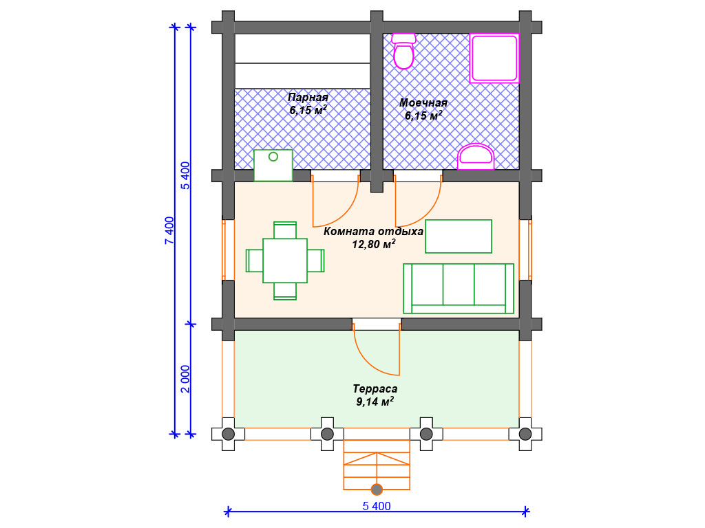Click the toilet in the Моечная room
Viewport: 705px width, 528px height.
pos(403,51)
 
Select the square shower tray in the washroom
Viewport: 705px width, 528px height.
pos(494,58)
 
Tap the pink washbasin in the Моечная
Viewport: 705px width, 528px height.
pos(476,157)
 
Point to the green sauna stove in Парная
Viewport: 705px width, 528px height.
pos(273,165)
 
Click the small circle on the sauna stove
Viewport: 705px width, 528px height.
pos(273,157)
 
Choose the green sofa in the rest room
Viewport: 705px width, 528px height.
pos(459,288)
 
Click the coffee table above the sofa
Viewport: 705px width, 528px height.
pos(459,236)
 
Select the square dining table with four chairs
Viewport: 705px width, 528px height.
pos(285,261)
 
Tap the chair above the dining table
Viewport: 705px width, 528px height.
pos(285,230)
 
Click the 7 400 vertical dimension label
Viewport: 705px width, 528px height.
pos(169,231)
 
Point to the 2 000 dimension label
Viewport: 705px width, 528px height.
pos(185,379)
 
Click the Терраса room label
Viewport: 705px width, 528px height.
pos(375,389)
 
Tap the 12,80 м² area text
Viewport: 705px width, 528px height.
pos(374,244)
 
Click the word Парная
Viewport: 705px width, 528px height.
pos(308,98)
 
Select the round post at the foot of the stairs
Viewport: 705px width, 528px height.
pos(377,489)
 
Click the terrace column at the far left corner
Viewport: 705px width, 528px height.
pos(229,434)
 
